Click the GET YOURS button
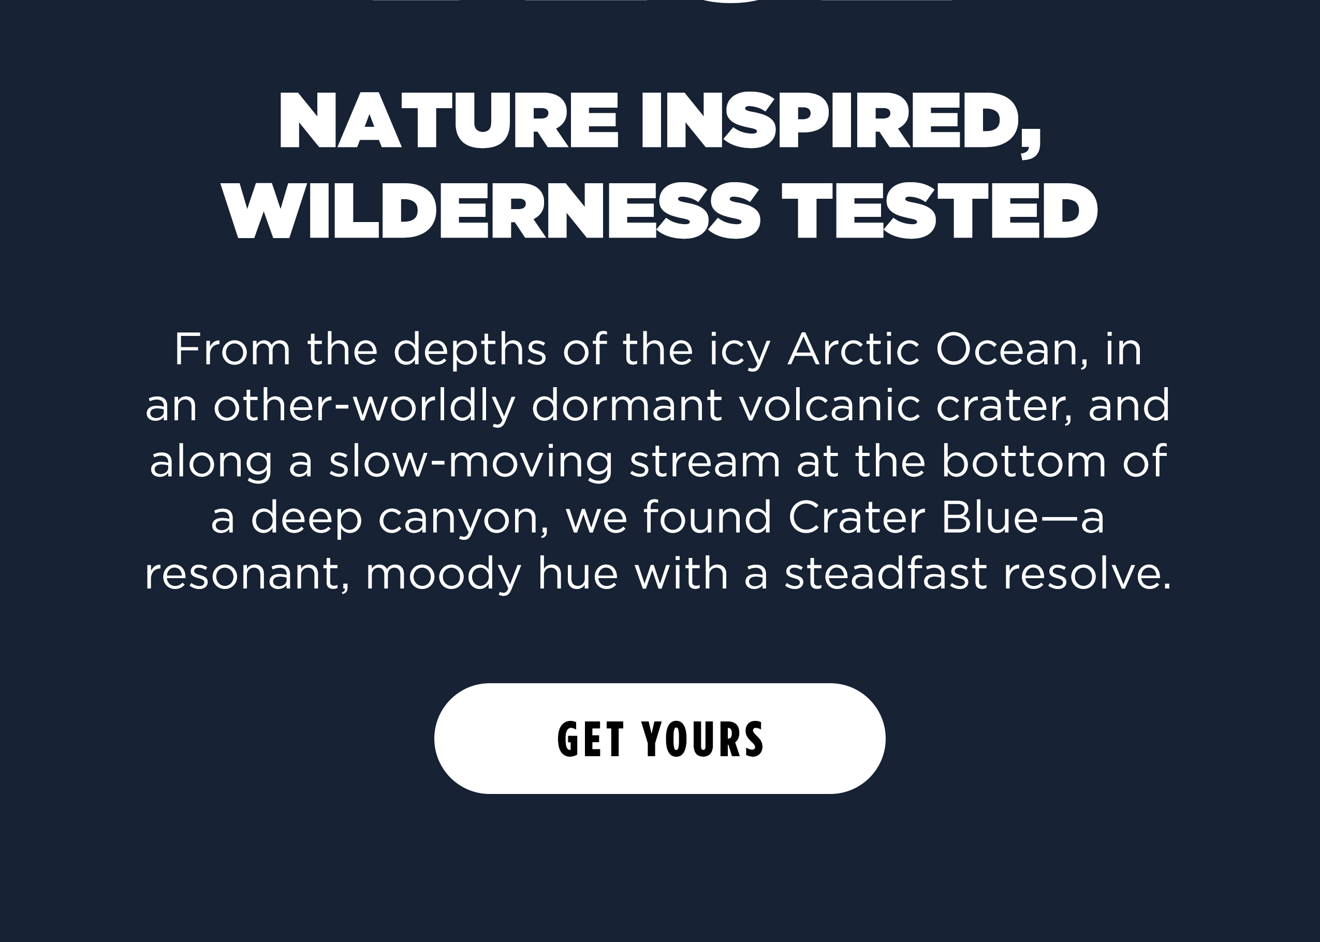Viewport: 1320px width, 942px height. pyautogui.click(x=659, y=739)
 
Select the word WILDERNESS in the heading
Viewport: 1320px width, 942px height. pyautogui.click(x=490, y=211)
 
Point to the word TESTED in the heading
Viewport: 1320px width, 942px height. pyautogui.click(x=939, y=211)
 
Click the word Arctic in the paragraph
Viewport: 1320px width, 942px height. pyautogui.click(x=854, y=350)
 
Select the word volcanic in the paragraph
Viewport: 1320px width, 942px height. pyautogui.click(x=830, y=405)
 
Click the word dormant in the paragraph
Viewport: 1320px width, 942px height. pyautogui.click(x=627, y=405)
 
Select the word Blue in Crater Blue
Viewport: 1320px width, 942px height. pyautogui.click(x=989, y=517)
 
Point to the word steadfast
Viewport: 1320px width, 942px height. pyautogui.click(x=886, y=573)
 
